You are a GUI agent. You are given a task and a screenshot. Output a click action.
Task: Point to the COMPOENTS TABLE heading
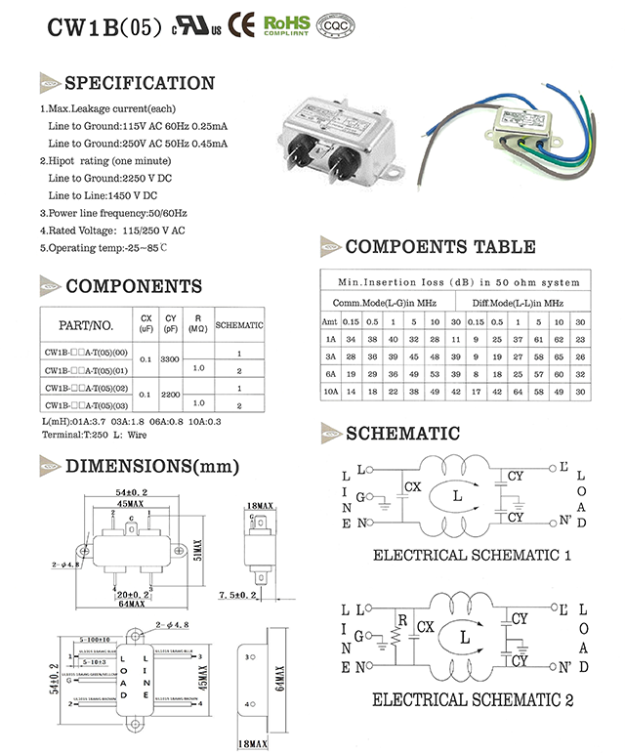[x=439, y=247]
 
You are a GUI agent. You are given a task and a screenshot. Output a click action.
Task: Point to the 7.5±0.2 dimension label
[x=237, y=595]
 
